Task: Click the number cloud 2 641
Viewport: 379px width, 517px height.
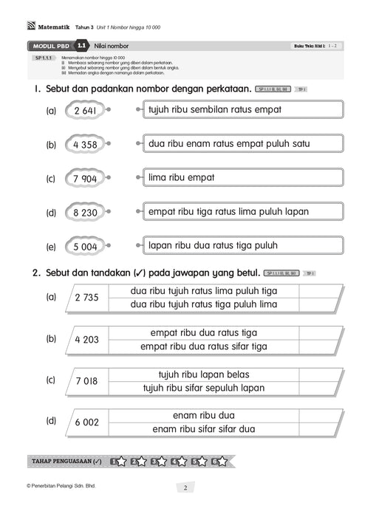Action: (x=86, y=111)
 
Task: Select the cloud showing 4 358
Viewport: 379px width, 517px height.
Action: (x=86, y=145)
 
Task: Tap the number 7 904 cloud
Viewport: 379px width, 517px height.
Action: (x=86, y=179)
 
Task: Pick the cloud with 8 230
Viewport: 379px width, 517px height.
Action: (x=86, y=213)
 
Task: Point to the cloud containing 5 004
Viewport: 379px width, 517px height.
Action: (x=86, y=247)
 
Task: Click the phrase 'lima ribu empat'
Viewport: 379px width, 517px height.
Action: (x=241, y=177)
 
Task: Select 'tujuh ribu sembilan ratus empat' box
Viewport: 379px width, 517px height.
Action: (x=241, y=109)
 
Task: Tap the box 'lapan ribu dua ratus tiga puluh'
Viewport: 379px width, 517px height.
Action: (x=241, y=245)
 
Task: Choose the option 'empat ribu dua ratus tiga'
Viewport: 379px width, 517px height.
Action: (x=204, y=332)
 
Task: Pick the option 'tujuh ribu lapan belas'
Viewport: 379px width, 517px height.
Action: (x=204, y=374)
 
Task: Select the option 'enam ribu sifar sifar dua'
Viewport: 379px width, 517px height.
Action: (x=204, y=428)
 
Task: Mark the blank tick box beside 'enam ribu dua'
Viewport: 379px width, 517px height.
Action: (x=319, y=415)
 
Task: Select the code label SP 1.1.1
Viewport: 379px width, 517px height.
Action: (x=46, y=58)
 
